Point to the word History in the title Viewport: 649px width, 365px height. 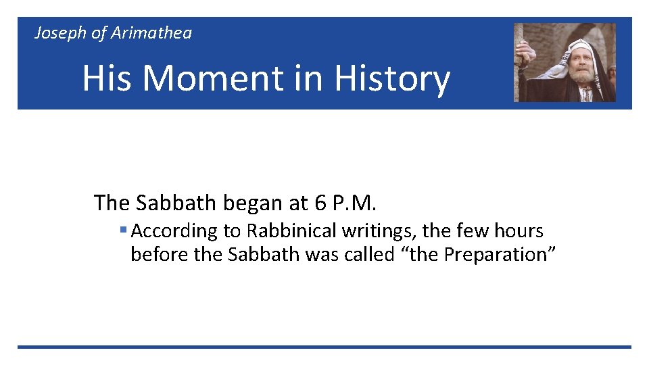pyautogui.click(x=391, y=78)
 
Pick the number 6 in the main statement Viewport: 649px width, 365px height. pyautogui.click(x=320, y=202)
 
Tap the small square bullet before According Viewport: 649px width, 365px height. pyautogui.click(x=123, y=230)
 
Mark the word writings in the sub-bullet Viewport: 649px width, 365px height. pyautogui.click(x=379, y=231)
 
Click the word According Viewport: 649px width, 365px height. pyautogui.click(x=175, y=231)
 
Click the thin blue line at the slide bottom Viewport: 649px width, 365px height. pyautogui.click(x=324, y=347)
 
